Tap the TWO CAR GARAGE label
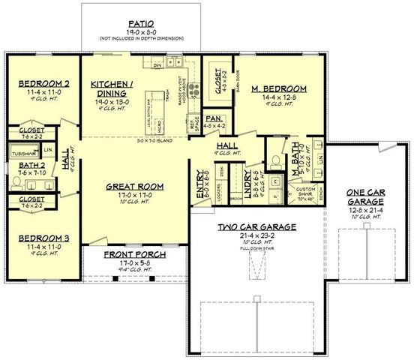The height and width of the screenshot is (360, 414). [256, 226]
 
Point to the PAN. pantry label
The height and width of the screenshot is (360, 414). [212, 118]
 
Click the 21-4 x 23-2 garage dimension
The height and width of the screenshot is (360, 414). [256, 234]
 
